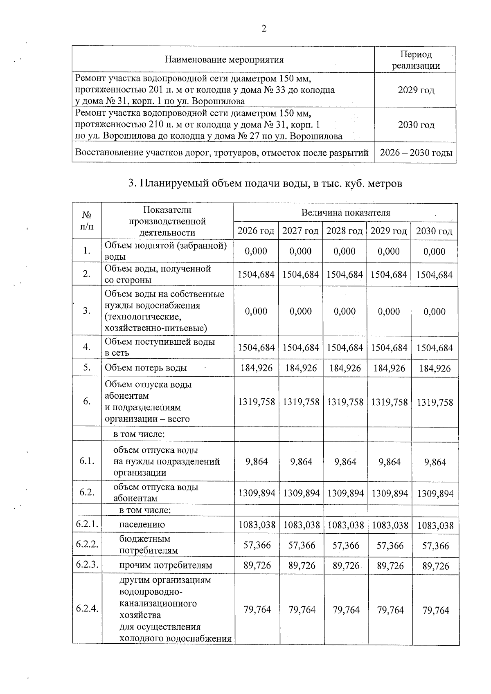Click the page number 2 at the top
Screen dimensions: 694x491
[264, 29]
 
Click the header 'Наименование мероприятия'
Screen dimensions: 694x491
[224, 60]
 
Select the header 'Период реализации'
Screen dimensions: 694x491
[416, 60]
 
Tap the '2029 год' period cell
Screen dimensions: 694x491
[416, 90]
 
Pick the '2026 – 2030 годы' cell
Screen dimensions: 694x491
[416, 153]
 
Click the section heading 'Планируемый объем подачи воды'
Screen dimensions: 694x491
[265, 184]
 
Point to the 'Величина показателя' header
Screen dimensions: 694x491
[345, 213]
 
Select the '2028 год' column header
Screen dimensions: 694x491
[344, 231]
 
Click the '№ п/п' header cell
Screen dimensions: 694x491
[86, 221]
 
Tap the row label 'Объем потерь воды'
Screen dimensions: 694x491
[146, 368]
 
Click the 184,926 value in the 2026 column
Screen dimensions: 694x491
[256, 368]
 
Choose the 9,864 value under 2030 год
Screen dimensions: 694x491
[435, 462]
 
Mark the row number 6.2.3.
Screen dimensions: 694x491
[87, 565]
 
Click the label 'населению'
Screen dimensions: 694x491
[142, 525]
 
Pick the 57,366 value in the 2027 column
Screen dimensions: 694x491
[301, 546]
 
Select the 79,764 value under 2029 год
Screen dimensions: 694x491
[390, 610]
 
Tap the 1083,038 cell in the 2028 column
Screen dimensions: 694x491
[345, 525]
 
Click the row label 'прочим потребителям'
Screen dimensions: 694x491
[165, 566]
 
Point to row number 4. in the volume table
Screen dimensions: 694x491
[86, 347]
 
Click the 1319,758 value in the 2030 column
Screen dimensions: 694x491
[435, 402]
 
